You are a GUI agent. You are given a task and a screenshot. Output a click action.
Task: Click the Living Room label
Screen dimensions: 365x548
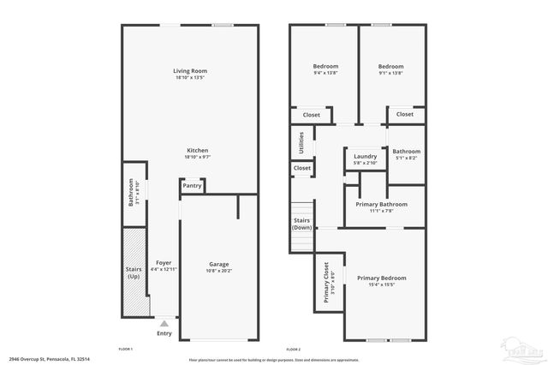190,71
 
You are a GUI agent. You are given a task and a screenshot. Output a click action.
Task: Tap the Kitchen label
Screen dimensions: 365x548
190,150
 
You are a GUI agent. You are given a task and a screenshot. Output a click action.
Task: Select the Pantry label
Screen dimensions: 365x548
192,186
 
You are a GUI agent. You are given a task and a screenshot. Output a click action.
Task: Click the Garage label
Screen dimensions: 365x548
219,264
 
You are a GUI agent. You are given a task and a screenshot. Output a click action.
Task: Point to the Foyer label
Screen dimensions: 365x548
164,262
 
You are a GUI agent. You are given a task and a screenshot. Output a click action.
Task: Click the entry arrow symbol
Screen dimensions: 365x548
164,323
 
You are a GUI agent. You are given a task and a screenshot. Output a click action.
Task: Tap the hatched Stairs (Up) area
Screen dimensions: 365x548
133,274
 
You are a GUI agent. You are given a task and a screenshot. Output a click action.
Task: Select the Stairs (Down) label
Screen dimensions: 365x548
301,224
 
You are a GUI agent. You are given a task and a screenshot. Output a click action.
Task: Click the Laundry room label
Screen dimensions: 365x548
366,156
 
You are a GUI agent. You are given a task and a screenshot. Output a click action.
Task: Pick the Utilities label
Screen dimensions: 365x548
301,142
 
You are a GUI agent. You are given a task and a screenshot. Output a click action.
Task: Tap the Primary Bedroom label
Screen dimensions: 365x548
381,278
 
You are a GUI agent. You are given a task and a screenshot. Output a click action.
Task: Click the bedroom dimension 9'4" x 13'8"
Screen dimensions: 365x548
325,74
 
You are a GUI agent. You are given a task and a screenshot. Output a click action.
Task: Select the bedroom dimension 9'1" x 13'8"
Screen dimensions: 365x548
390,74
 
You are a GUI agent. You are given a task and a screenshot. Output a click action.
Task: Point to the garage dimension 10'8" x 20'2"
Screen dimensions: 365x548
219,271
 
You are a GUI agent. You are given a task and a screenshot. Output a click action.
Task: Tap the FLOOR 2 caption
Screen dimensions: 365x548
293,349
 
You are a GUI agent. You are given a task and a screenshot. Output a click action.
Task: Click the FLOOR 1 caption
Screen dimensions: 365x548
126,349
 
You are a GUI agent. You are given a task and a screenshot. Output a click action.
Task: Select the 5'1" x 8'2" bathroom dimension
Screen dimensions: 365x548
406,159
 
